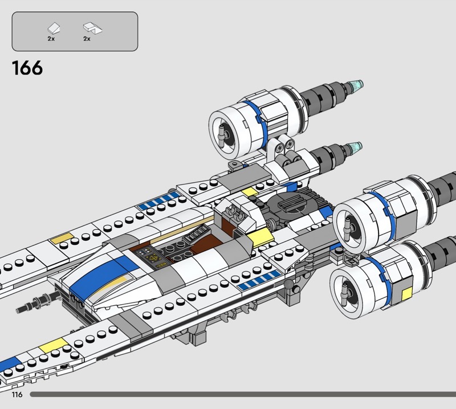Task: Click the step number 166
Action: point(27,68)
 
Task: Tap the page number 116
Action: point(17,394)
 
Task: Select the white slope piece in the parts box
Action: point(54,28)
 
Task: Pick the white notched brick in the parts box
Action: point(92,28)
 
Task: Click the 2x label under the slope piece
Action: point(51,39)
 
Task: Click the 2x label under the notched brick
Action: point(87,39)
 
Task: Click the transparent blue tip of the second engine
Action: point(355,148)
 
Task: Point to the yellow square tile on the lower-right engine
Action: point(406,295)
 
